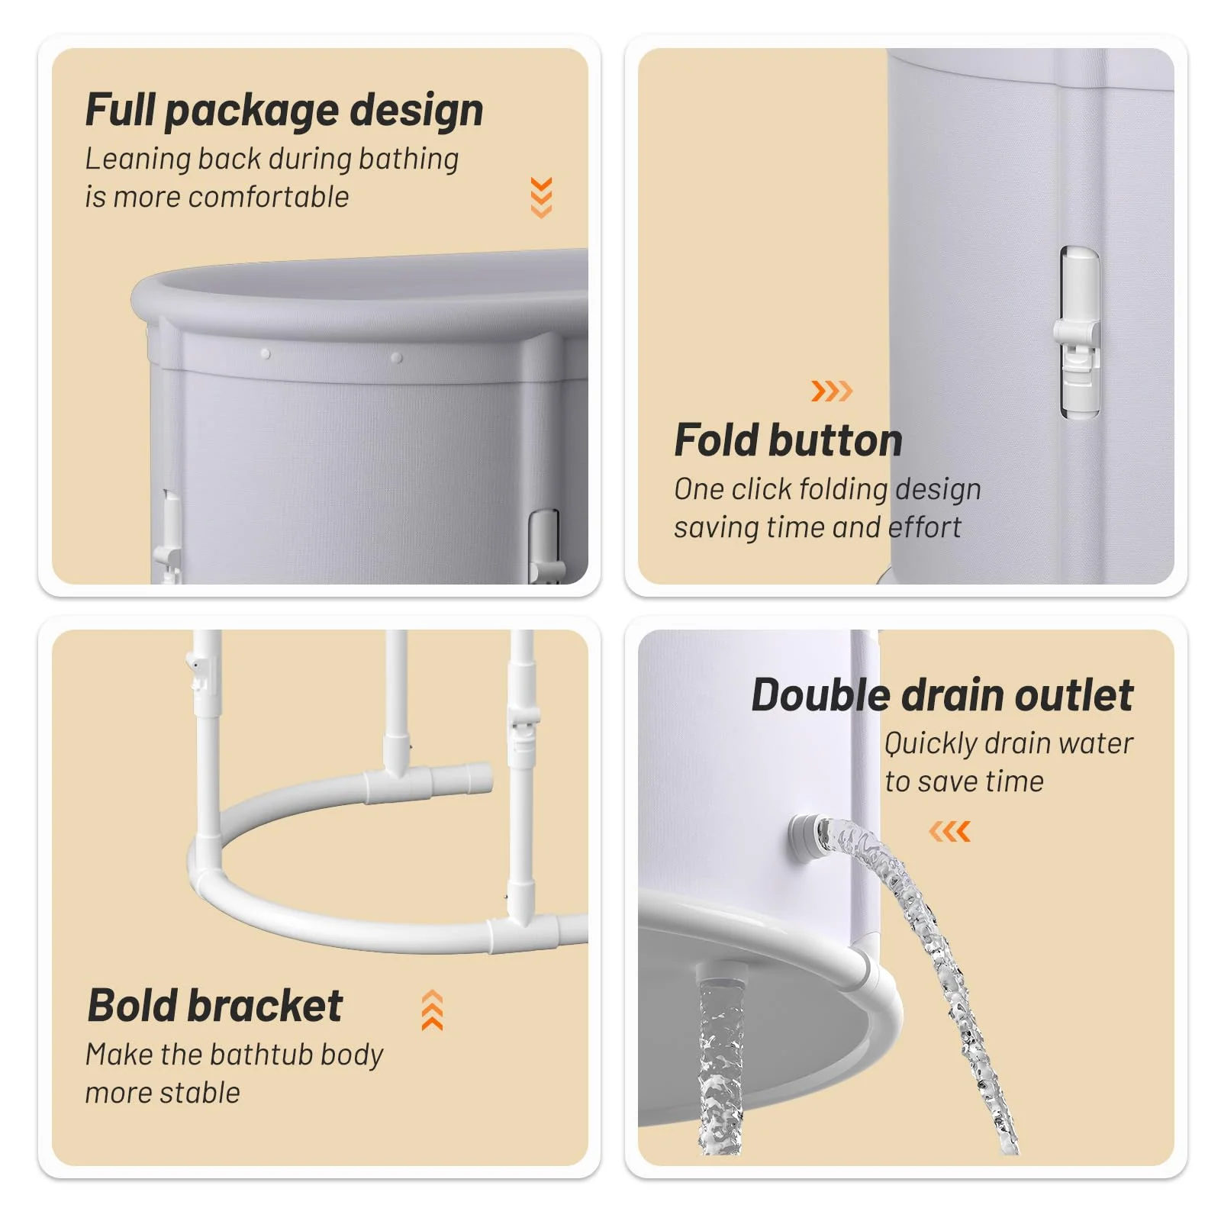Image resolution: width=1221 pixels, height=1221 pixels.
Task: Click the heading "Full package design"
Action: [284, 111]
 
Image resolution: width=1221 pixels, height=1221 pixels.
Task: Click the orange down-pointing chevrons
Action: [541, 198]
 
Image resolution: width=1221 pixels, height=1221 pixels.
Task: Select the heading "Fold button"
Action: [788, 440]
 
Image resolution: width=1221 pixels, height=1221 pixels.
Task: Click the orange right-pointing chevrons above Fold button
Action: [832, 391]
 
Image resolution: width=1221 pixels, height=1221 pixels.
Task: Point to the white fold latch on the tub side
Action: [1078, 333]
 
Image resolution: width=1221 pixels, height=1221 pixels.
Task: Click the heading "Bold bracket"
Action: [215, 1006]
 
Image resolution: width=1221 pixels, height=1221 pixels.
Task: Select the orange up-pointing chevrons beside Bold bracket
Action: [432, 1010]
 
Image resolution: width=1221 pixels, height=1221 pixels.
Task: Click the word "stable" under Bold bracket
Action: [199, 1093]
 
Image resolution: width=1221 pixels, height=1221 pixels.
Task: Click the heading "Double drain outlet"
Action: [942, 695]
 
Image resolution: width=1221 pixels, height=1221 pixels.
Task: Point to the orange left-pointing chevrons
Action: [950, 831]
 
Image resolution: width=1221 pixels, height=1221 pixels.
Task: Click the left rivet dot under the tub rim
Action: [266, 354]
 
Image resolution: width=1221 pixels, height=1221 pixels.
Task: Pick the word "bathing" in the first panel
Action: [408, 159]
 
